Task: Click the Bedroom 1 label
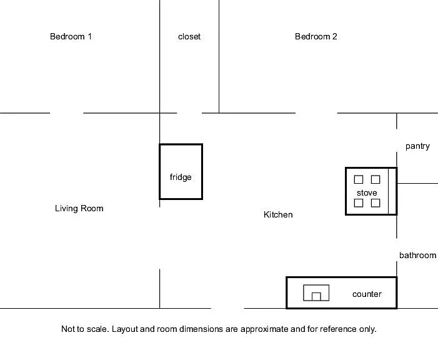(x=71, y=37)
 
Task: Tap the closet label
(x=189, y=37)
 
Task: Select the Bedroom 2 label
(x=316, y=37)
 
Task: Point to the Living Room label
(x=79, y=208)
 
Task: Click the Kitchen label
(x=278, y=214)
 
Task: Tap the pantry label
(x=417, y=146)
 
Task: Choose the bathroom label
(x=417, y=255)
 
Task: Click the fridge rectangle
(x=181, y=172)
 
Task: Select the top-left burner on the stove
(x=359, y=179)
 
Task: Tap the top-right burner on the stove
(x=376, y=179)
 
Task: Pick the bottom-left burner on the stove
(x=359, y=203)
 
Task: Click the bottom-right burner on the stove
(x=376, y=203)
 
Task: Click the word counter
(x=367, y=294)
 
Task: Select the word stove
(x=367, y=193)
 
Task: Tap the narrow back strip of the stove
(x=392, y=191)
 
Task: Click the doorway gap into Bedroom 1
(x=67, y=113)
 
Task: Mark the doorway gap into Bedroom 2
(x=317, y=113)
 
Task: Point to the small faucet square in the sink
(x=316, y=296)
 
